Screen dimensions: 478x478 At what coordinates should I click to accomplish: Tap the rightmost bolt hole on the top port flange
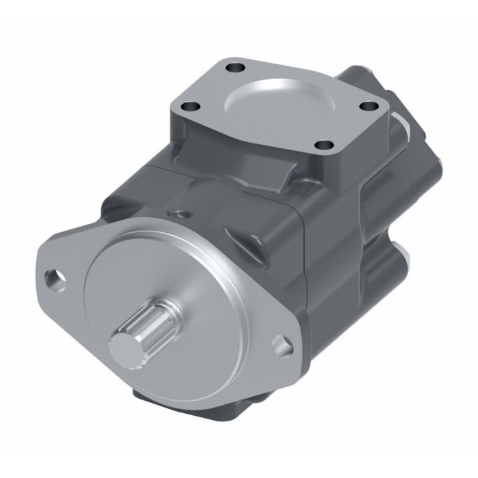(369, 107)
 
